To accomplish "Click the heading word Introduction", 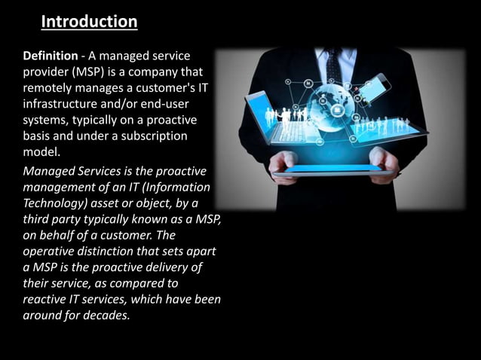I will (89, 22).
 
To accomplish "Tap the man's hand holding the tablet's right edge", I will (384, 163).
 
